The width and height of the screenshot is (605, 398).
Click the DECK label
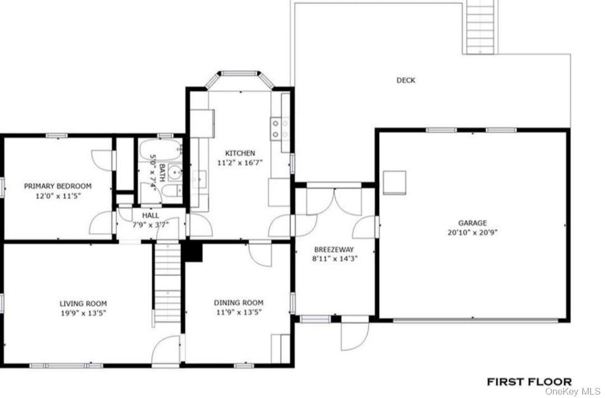(406, 81)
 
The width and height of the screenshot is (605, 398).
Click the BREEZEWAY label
(334, 249)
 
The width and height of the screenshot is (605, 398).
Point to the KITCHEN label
(240, 153)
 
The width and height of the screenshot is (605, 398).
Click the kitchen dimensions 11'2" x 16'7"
(240, 163)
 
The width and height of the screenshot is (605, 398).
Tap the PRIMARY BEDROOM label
(57, 186)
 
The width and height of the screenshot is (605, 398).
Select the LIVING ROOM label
(83, 304)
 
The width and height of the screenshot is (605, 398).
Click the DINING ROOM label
(238, 303)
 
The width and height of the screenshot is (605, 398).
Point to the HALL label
(150, 215)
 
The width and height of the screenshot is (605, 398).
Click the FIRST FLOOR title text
(529, 382)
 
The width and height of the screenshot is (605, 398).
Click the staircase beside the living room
(167, 283)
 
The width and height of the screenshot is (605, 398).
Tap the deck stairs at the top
(480, 26)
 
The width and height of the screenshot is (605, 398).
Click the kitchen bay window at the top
(240, 73)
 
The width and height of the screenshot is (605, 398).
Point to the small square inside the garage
(395, 182)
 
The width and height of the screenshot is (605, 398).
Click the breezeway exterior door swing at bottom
(355, 335)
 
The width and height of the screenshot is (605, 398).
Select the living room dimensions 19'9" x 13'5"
(83, 313)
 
